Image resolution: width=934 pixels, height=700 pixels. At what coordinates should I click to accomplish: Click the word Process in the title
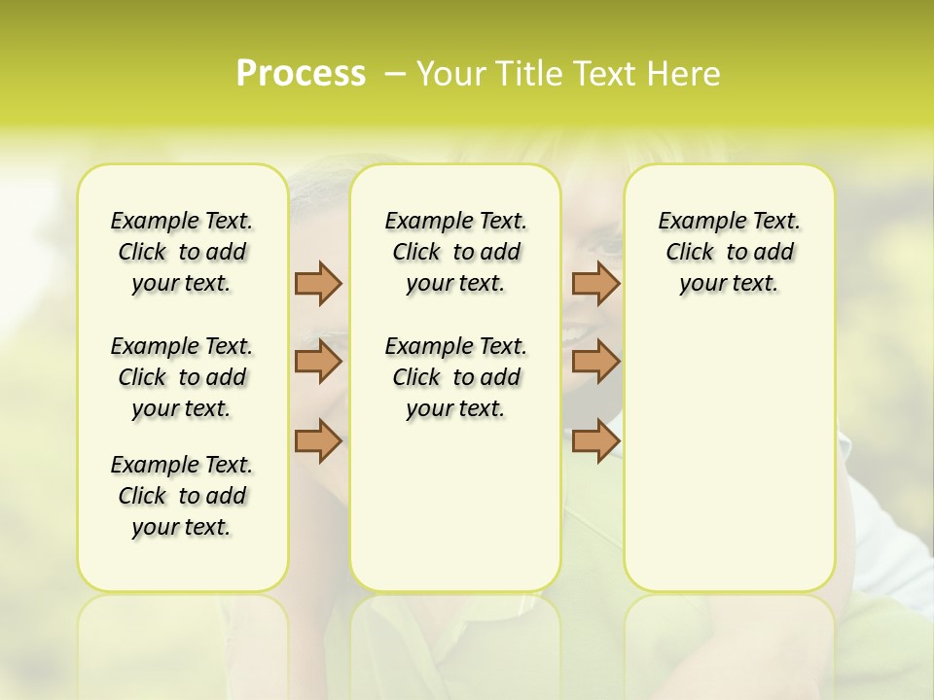(301, 74)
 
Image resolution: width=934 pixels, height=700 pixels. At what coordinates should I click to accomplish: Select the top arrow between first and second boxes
(318, 283)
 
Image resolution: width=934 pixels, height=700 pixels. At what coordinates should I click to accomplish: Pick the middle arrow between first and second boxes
(318, 363)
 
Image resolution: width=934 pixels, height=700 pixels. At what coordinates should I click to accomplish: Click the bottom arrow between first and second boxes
(318, 440)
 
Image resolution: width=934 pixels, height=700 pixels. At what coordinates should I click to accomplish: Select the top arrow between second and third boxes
(595, 283)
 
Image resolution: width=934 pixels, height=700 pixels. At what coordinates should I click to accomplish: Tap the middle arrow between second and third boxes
(595, 363)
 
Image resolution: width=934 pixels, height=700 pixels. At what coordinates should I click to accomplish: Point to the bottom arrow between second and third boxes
(595, 440)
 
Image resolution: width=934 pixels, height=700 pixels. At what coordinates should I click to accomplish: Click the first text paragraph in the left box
(182, 252)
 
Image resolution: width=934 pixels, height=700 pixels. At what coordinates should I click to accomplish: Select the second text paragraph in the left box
(182, 377)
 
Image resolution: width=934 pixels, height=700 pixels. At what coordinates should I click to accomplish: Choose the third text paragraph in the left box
(182, 496)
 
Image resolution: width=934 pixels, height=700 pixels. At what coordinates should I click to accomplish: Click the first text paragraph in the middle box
(455, 252)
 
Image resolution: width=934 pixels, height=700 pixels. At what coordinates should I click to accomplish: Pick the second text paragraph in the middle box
(455, 377)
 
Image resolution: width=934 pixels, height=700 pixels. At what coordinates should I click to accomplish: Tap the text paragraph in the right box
(729, 252)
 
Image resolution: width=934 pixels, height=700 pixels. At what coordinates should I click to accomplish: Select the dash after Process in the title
(395, 74)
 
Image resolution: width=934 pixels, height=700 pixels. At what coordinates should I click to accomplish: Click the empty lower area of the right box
(729, 457)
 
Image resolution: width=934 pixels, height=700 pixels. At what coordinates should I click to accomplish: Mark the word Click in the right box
(690, 252)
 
